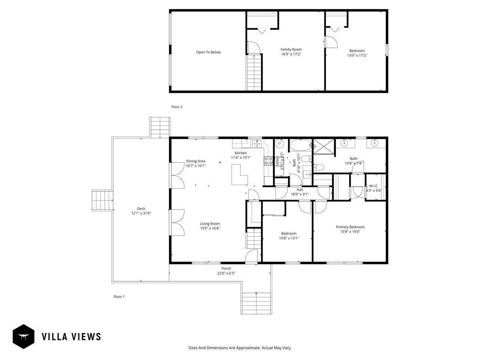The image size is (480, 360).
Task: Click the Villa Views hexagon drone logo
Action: [24, 336]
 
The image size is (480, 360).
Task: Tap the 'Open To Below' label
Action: [208, 52]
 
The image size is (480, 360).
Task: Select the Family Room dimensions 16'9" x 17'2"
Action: [291, 54]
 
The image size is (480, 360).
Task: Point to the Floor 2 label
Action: [177, 107]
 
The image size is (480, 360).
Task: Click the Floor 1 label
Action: [119, 297]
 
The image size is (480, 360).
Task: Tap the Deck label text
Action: [141, 208]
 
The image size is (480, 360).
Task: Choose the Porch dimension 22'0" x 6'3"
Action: [226, 273]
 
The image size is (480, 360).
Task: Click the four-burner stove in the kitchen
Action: [268, 160]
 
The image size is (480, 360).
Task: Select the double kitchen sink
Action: [257, 143]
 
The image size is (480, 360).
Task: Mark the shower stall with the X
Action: [323, 146]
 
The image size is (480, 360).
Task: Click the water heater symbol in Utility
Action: [279, 144]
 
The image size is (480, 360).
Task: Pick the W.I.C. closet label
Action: [373, 186]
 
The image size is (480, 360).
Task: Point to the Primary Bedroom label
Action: [350, 227]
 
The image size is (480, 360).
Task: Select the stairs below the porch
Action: [256, 303]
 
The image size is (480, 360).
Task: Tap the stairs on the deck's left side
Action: [102, 200]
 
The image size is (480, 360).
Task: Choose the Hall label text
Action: [300, 190]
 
